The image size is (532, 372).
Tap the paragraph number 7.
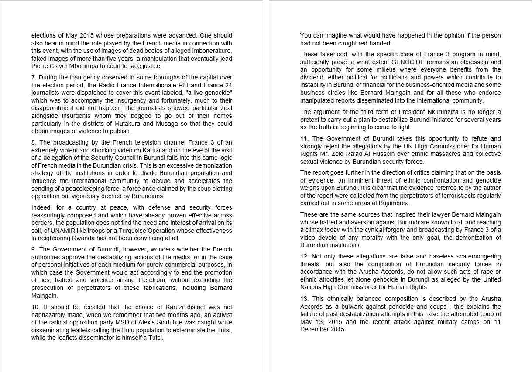pyautogui.click(x=34, y=77)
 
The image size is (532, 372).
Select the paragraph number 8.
pyautogui.click(x=34, y=142)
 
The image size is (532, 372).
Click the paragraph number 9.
pyautogui.click(x=34, y=249)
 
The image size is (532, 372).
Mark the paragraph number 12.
pyautogui.click(x=304, y=256)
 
